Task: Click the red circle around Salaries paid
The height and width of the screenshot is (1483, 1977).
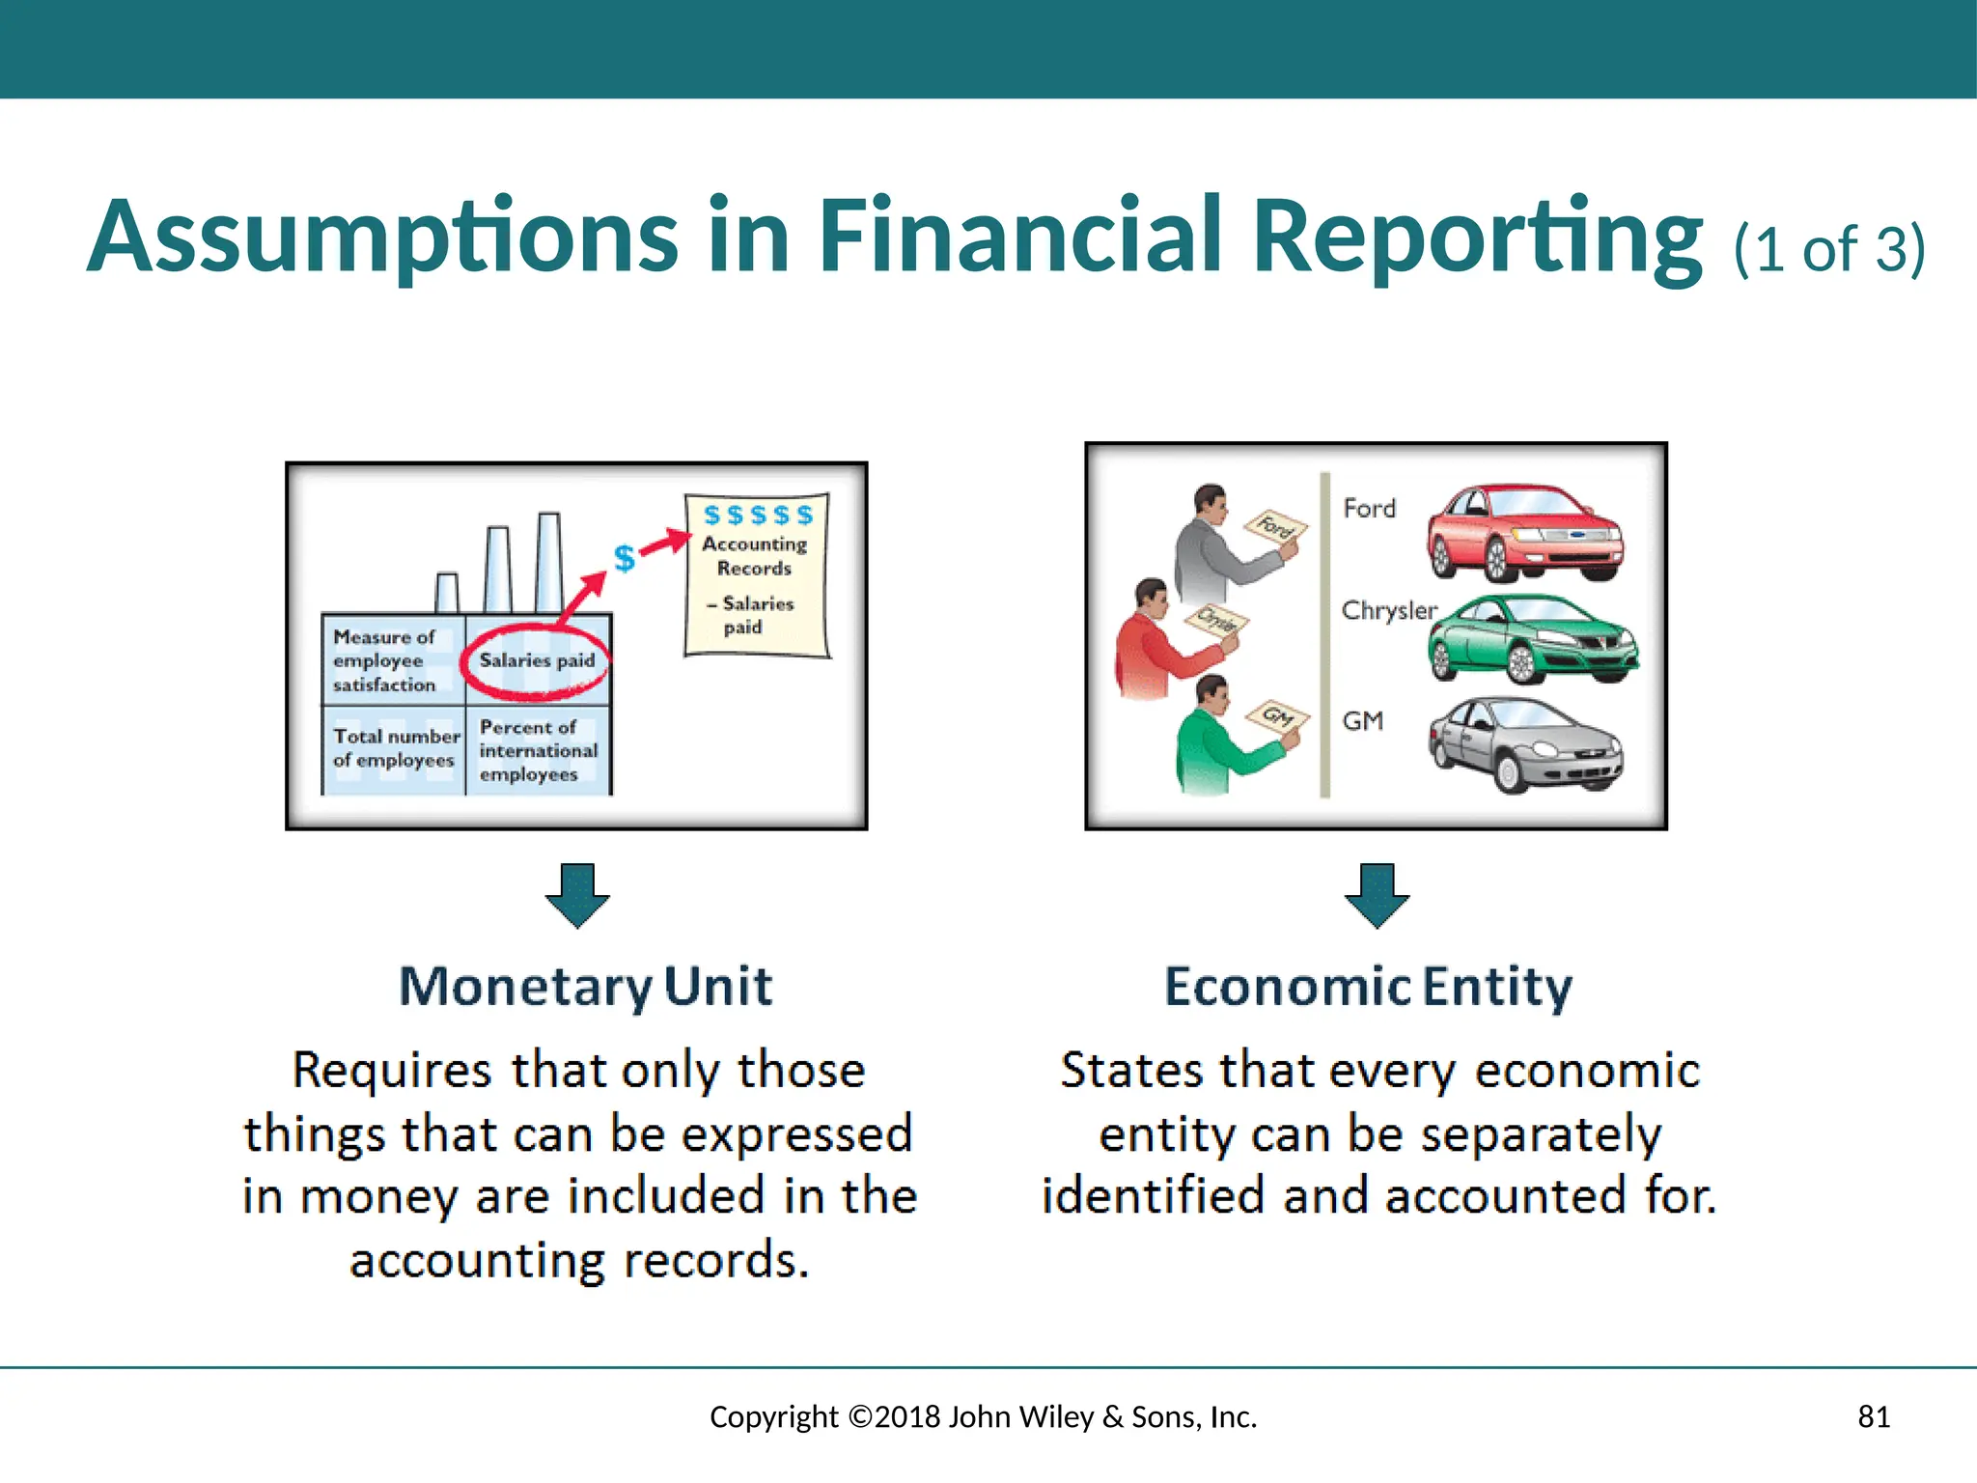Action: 537,661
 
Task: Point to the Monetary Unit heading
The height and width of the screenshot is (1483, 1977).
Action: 586,987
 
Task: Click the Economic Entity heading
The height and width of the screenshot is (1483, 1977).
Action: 1368,987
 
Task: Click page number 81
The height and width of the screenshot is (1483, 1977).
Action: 1874,1416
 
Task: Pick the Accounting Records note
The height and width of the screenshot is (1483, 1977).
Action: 756,575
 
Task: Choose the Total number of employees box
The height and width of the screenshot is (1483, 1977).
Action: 394,749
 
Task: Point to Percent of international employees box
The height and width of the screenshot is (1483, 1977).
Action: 537,751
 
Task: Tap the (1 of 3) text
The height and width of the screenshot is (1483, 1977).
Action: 1829,249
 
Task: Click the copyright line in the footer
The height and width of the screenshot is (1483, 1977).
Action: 983,1416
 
